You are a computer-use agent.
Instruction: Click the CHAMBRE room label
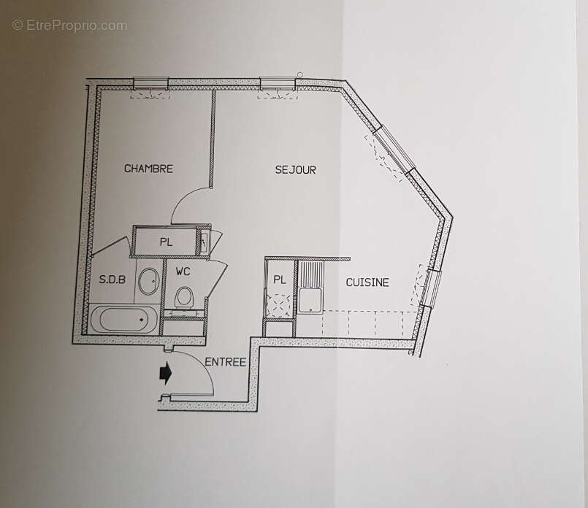pyautogui.click(x=148, y=169)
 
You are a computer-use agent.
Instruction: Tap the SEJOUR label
pyautogui.click(x=295, y=170)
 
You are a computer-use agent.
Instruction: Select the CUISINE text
pyautogui.click(x=367, y=282)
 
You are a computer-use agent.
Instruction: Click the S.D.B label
pyautogui.click(x=112, y=280)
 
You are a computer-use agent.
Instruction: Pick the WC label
pyautogui.click(x=183, y=272)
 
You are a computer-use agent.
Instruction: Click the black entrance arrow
pyautogui.click(x=166, y=374)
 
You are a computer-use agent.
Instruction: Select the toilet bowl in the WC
pyautogui.click(x=184, y=296)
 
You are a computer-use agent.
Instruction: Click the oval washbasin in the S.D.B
pyautogui.click(x=148, y=281)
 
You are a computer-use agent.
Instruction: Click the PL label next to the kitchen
pyautogui.click(x=279, y=280)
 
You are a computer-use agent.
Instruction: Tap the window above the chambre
pyautogui.click(x=150, y=82)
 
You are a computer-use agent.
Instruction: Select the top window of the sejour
pyautogui.click(x=278, y=82)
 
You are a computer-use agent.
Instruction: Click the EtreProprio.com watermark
pyautogui.click(x=69, y=26)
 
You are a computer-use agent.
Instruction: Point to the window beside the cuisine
pyautogui.click(x=432, y=288)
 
